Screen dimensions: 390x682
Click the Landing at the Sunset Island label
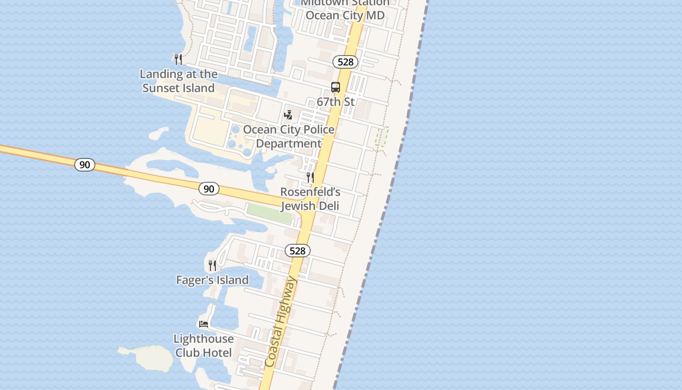(178, 81)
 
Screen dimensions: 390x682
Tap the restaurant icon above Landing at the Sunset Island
(178, 59)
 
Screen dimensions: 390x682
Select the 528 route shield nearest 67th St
(345, 62)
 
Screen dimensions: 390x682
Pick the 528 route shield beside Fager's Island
(297, 251)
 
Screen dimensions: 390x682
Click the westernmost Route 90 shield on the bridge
(85, 165)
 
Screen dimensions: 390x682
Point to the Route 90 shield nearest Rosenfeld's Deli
(208, 189)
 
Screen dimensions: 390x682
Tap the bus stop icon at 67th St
(336, 87)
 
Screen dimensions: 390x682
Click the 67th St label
(336, 102)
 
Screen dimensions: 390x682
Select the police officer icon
(288, 115)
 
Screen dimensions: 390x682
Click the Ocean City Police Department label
(289, 136)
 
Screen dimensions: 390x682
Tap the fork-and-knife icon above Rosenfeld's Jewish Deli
(310, 177)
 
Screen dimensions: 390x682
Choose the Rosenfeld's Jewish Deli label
(310, 199)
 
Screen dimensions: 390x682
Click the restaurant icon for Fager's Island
(212, 265)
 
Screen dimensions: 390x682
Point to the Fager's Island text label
(212, 280)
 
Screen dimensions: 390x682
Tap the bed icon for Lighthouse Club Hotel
(204, 324)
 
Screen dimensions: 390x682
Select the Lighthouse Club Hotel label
(204, 345)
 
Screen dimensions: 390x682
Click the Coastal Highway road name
(281, 322)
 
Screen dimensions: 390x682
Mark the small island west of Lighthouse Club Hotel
(149, 358)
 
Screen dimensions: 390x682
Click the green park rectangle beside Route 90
(269, 214)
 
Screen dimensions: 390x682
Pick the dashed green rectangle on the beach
(382, 136)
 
